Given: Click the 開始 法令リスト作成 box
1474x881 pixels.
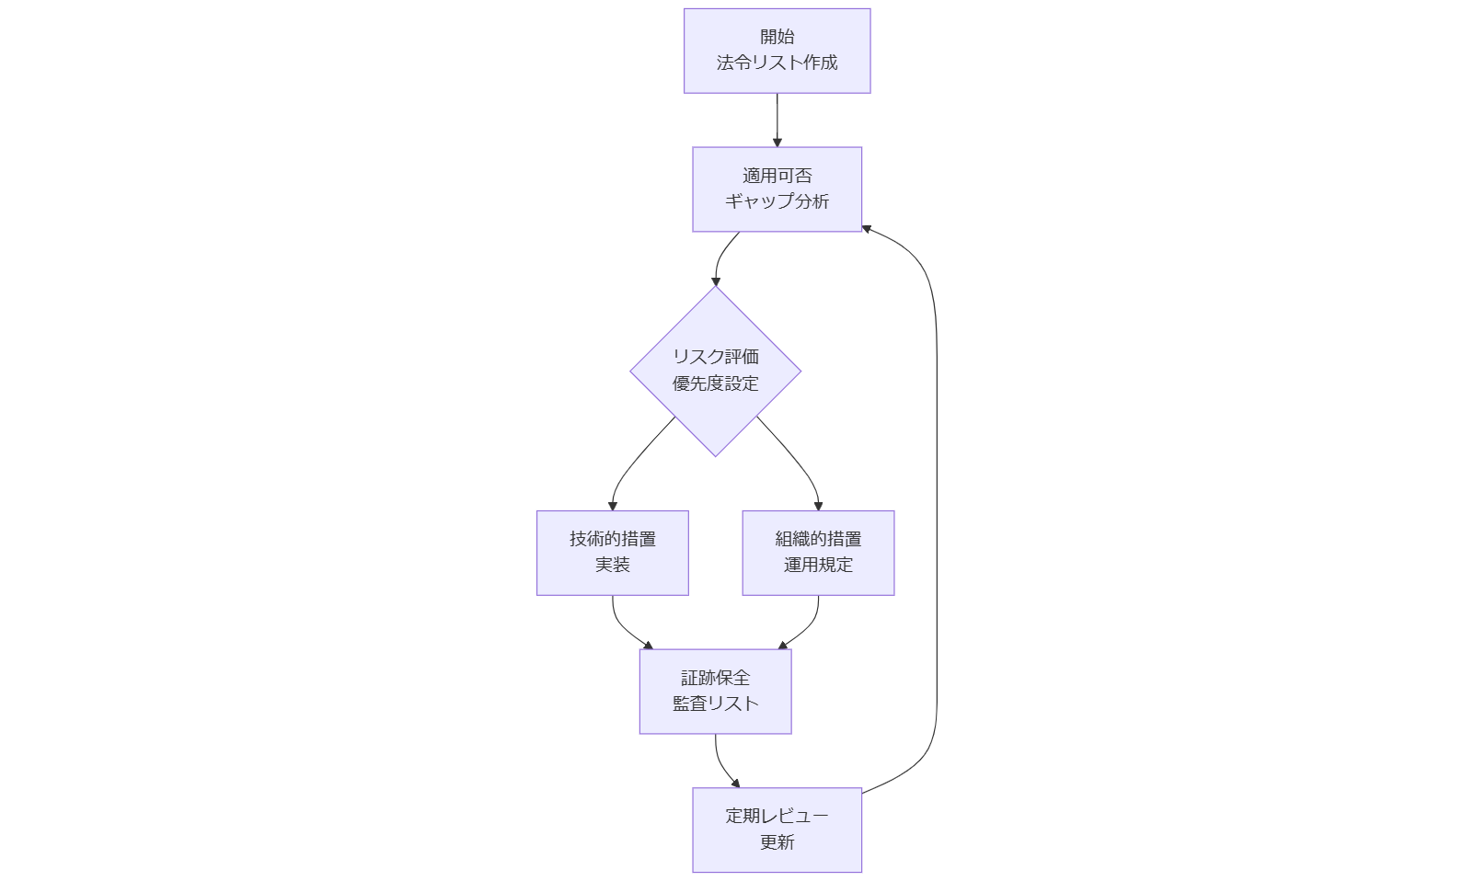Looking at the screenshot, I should [777, 51].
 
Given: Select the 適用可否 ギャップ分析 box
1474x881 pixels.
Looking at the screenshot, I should [777, 189].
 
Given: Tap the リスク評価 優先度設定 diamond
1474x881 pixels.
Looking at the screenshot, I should [715, 371].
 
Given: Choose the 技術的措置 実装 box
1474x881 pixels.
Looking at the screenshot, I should [612, 553].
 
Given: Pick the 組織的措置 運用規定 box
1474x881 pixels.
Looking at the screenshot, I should [818, 553].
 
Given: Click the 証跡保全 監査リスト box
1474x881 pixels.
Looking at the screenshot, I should [715, 691].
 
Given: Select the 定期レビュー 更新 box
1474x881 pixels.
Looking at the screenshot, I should [777, 829].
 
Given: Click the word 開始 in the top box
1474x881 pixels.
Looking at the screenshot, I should [777, 37].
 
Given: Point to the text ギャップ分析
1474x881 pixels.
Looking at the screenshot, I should [777, 201].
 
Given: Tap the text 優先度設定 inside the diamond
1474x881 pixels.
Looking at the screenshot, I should [715, 383].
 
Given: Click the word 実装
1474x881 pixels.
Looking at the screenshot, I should [612, 565].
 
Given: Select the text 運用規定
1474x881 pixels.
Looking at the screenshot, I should [818, 565].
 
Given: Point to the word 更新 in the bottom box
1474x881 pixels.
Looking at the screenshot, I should [777, 841].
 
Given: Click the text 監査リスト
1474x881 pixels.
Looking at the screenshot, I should [715, 704].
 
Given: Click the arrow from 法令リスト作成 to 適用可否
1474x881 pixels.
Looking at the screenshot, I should [777, 120].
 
